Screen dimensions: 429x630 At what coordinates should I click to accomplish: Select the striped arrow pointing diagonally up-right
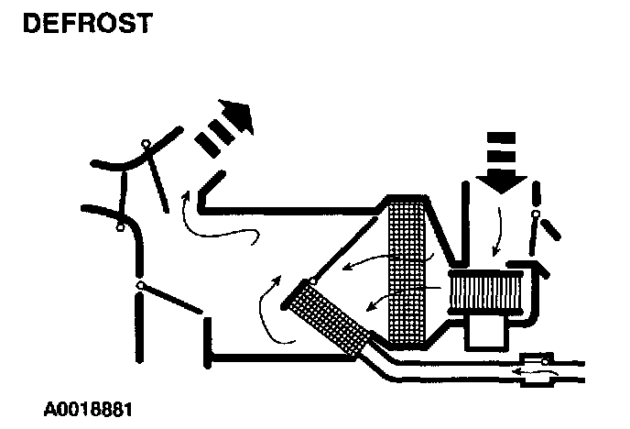tap(225, 129)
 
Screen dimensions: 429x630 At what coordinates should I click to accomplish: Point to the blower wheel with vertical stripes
tap(484, 292)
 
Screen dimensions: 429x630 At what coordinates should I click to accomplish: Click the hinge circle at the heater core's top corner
tap(313, 280)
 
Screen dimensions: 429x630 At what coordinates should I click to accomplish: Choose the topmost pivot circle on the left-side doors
tap(146, 143)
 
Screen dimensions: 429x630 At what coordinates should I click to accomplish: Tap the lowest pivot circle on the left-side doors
tap(141, 286)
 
